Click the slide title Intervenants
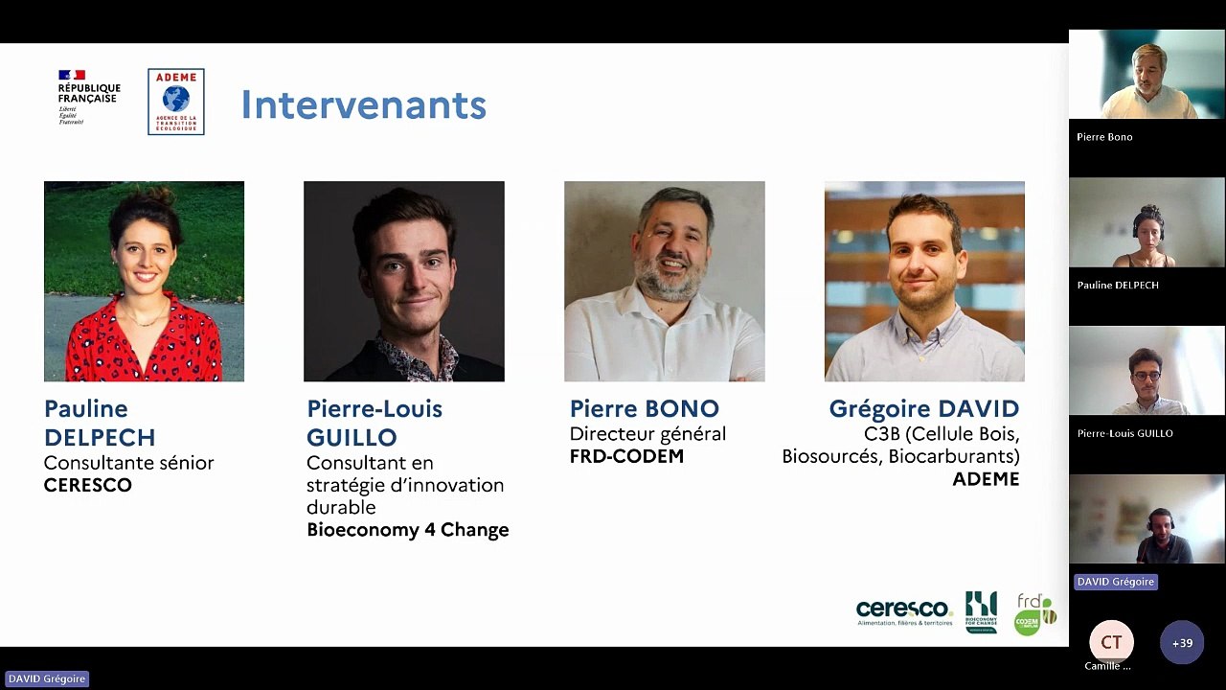363,104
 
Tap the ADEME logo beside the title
175,102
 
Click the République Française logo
89,97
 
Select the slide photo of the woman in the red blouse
144,281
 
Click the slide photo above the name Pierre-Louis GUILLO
403,281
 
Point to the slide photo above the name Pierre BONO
664,281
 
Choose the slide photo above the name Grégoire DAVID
924,281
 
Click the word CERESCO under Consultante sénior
88,485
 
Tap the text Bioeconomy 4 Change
407,530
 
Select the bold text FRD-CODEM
626,456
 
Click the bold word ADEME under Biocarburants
986,479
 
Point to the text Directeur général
647,434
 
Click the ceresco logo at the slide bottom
904,611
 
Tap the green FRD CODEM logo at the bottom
1034,613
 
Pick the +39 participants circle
1182,643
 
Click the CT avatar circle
1111,642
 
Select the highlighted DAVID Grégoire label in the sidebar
1115,582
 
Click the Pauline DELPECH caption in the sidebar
1117,285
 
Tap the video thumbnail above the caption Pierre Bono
1147,75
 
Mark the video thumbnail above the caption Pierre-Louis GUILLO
1147,371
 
